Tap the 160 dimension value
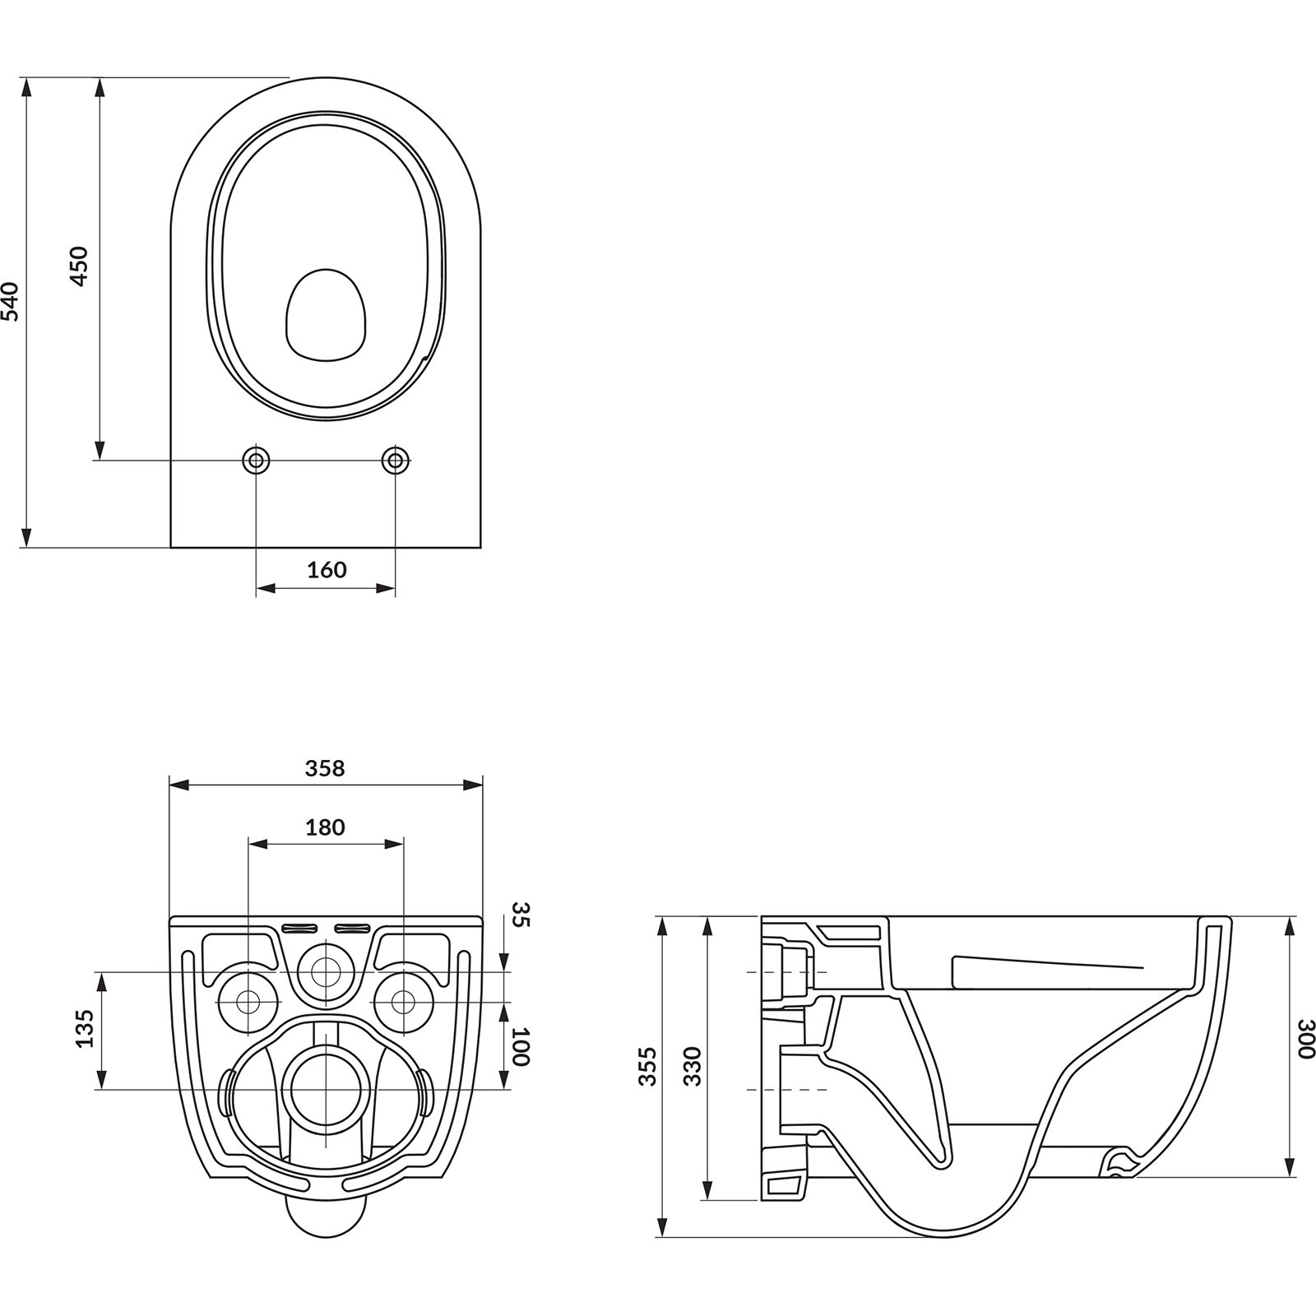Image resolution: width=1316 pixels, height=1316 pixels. (x=327, y=569)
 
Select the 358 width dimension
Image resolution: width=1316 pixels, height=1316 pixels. (x=325, y=768)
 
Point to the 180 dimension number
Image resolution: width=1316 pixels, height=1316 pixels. (x=325, y=827)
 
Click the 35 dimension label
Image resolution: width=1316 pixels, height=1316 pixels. (x=521, y=914)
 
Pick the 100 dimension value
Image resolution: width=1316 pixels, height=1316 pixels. (x=519, y=1046)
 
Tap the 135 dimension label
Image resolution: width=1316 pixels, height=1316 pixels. (x=85, y=1028)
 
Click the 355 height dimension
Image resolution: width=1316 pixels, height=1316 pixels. (x=649, y=1066)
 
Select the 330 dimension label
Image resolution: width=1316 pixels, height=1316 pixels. (x=693, y=1066)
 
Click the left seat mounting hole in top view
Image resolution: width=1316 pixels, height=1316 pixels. (x=256, y=460)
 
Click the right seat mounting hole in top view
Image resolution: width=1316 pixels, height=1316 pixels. (x=396, y=460)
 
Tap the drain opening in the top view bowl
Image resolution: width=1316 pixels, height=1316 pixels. (x=325, y=315)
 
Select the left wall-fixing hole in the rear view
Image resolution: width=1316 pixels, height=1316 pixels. (x=248, y=1002)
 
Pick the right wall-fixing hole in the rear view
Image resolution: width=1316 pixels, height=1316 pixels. (x=403, y=1002)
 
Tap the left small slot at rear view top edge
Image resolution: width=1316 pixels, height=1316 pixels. (x=299, y=929)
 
